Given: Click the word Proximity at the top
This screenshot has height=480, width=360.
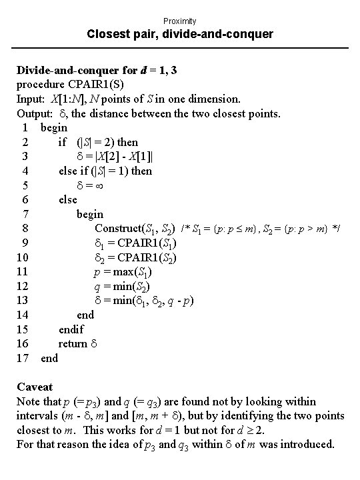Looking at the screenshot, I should tap(179, 21).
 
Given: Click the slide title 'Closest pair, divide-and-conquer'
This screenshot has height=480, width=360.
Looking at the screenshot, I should tap(180, 34).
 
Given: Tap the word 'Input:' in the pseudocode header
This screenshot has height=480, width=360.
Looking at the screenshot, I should tap(31, 99).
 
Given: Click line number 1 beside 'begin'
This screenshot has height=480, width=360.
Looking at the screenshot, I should tap(24, 127).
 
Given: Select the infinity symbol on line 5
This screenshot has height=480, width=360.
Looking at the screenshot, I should tap(97, 185).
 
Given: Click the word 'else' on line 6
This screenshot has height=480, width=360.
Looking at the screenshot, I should tap(68, 199).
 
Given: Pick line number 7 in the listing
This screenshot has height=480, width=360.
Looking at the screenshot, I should tap(24, 214).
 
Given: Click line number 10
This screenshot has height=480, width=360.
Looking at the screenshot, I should tap(21, 257).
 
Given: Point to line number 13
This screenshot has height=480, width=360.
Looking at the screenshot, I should tap(21, 301).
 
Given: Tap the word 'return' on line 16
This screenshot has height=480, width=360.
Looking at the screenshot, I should tap(73, 343).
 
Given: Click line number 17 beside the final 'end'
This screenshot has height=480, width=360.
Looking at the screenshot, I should tap(21, 358).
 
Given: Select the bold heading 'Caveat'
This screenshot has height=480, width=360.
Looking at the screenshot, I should tap(35, 387).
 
